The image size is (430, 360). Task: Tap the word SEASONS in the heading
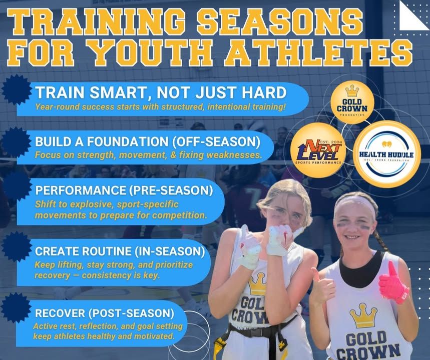tap(280, 22)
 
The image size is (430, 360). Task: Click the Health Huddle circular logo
tap(386, 154)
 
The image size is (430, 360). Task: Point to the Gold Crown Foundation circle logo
tap(352, 102)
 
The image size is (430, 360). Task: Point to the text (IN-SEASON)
tap(170, 251)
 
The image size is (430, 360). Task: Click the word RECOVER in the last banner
tap(60, 313)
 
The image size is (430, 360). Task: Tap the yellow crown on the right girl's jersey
tap(363, 315)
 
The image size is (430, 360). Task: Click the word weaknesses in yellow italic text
tap(234, 155)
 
